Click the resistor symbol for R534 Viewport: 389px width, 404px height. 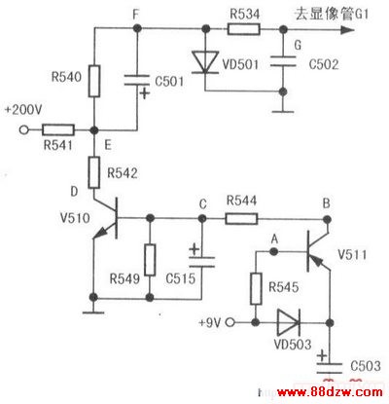click(244, 29)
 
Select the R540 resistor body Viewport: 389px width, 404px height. click(94, 81)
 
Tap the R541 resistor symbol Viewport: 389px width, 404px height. click(58, 130)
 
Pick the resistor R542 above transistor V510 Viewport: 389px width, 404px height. click(94, 172)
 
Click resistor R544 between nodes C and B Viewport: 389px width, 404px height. click(241, 219)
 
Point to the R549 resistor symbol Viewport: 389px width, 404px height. click(150, 260)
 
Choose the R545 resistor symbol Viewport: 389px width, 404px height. click(256, 289)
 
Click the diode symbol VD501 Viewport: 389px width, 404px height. click(204, 62)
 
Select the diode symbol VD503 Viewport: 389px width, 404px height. click(289, 322)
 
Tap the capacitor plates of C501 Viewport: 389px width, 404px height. click(137, 81)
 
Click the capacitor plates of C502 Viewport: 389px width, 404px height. click(283, 61)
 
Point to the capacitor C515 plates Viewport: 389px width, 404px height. click(201, 262)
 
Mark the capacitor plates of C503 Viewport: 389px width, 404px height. click(330, 368)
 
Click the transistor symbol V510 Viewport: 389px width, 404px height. click(107, 218)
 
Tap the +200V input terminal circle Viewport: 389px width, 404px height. click(23, 130)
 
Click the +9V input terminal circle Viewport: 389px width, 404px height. click(230, 322)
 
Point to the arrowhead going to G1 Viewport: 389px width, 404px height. click(347, 30)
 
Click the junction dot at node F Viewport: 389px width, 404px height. click(137, 29)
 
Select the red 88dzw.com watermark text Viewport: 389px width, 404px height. click(330, 392)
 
